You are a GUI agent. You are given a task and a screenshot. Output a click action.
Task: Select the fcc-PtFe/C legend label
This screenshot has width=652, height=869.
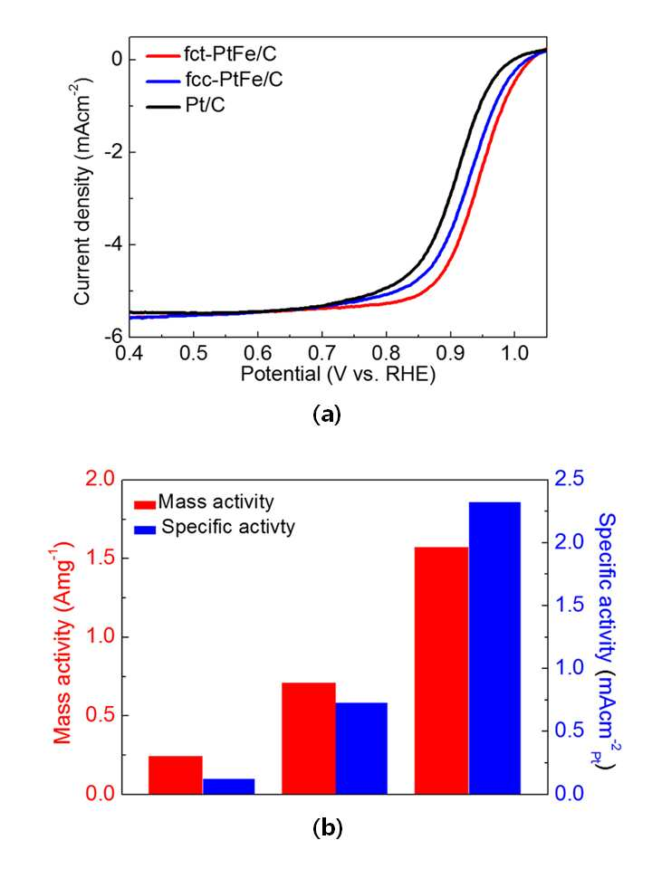click(x=234, y=80)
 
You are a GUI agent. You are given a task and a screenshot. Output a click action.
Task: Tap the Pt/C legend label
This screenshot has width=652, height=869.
click(x=206, y=104)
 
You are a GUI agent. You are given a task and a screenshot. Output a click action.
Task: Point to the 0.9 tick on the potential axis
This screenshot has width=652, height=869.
click(x=450, y=352)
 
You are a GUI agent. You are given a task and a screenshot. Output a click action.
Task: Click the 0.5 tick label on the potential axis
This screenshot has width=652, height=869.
click(x=194, y=352)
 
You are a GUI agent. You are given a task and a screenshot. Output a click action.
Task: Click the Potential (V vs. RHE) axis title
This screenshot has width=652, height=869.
click(x=338, y=374)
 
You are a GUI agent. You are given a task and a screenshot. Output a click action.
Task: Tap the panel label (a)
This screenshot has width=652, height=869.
click(x=327, y=415)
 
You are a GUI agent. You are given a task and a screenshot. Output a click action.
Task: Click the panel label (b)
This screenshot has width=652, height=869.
click(x=328, y=827)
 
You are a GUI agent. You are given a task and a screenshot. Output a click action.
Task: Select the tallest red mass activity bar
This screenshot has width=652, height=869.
click(x=442, y=671)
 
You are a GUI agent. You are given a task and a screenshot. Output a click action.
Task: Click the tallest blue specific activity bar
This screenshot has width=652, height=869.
click(x=495, y=648)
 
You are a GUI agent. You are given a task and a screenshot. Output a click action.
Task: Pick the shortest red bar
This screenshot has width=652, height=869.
click(x=176, y=775)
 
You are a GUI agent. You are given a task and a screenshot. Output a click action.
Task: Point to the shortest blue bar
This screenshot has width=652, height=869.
click(x=229, y=787)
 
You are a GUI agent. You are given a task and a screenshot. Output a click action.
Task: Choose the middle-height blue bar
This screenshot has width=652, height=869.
click(x=361, y=749)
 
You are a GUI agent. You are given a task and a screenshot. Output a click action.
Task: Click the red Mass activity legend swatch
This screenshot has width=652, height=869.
click(x=145, y=505)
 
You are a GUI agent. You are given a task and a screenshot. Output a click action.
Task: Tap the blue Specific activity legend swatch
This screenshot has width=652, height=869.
click(x=145, y=529)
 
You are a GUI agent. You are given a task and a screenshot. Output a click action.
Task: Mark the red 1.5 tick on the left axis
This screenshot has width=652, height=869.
click(x=100, y=559)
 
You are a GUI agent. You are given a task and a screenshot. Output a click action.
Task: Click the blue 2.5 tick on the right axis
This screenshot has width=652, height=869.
click(x=570, y=479)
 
